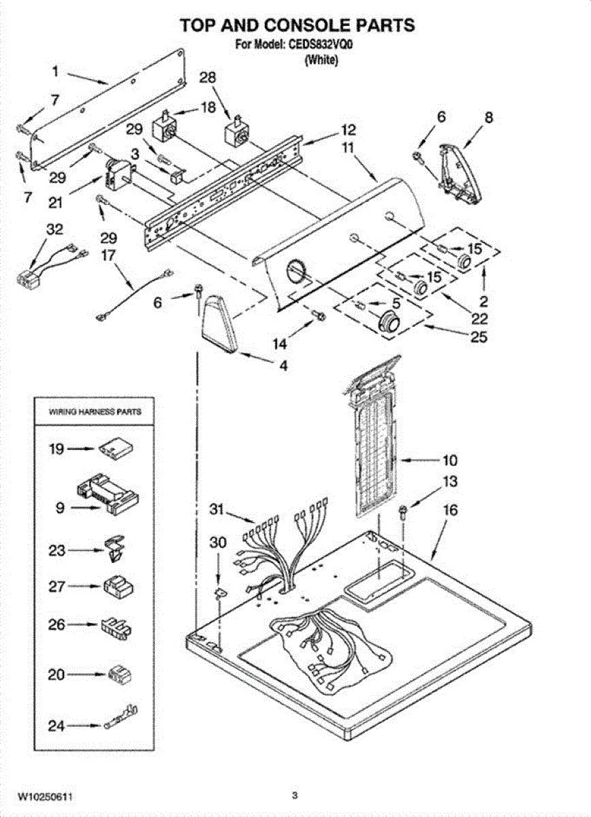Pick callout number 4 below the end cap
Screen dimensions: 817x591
(x=282, y=365)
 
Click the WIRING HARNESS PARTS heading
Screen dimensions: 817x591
(x=95, y=412)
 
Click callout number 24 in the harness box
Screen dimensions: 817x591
(x=57, y=726)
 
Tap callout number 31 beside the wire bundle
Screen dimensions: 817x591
(x=217, y=509)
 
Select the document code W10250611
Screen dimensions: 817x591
(x=45, y=796)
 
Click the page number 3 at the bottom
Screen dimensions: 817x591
(x=295, y=795)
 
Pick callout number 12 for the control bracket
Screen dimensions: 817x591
(x=348, y=129)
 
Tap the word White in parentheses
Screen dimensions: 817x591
(x=321, y=59)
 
